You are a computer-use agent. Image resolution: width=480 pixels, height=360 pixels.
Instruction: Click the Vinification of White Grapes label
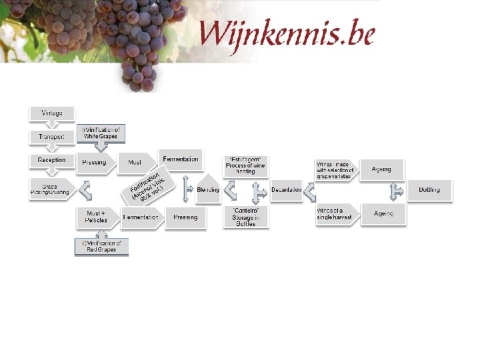[x=101, y=133]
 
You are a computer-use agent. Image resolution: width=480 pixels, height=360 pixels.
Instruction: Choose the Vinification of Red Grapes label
[x=101, y=247]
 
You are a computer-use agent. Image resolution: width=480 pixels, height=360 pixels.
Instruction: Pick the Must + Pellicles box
[x=98, y=217]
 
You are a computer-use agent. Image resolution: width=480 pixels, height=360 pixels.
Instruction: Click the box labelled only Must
[x=135, y=162]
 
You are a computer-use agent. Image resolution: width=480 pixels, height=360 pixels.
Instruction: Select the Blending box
[x=208, y=189]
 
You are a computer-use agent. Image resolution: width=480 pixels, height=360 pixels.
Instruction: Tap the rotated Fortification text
[x=148, y=185]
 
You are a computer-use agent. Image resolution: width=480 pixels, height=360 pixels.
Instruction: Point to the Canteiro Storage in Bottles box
[x=246, y=217]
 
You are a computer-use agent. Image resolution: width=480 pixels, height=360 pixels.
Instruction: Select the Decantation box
[x=286, y=190]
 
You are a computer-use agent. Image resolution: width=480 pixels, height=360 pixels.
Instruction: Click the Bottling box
[x=429, y=190]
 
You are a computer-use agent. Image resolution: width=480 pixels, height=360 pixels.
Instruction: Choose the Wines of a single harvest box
[x=337, y=215]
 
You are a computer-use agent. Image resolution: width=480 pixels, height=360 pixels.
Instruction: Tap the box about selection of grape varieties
[x=336, y=170]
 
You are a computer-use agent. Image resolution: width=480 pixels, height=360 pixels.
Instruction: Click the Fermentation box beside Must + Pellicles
[x=141, y=217]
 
